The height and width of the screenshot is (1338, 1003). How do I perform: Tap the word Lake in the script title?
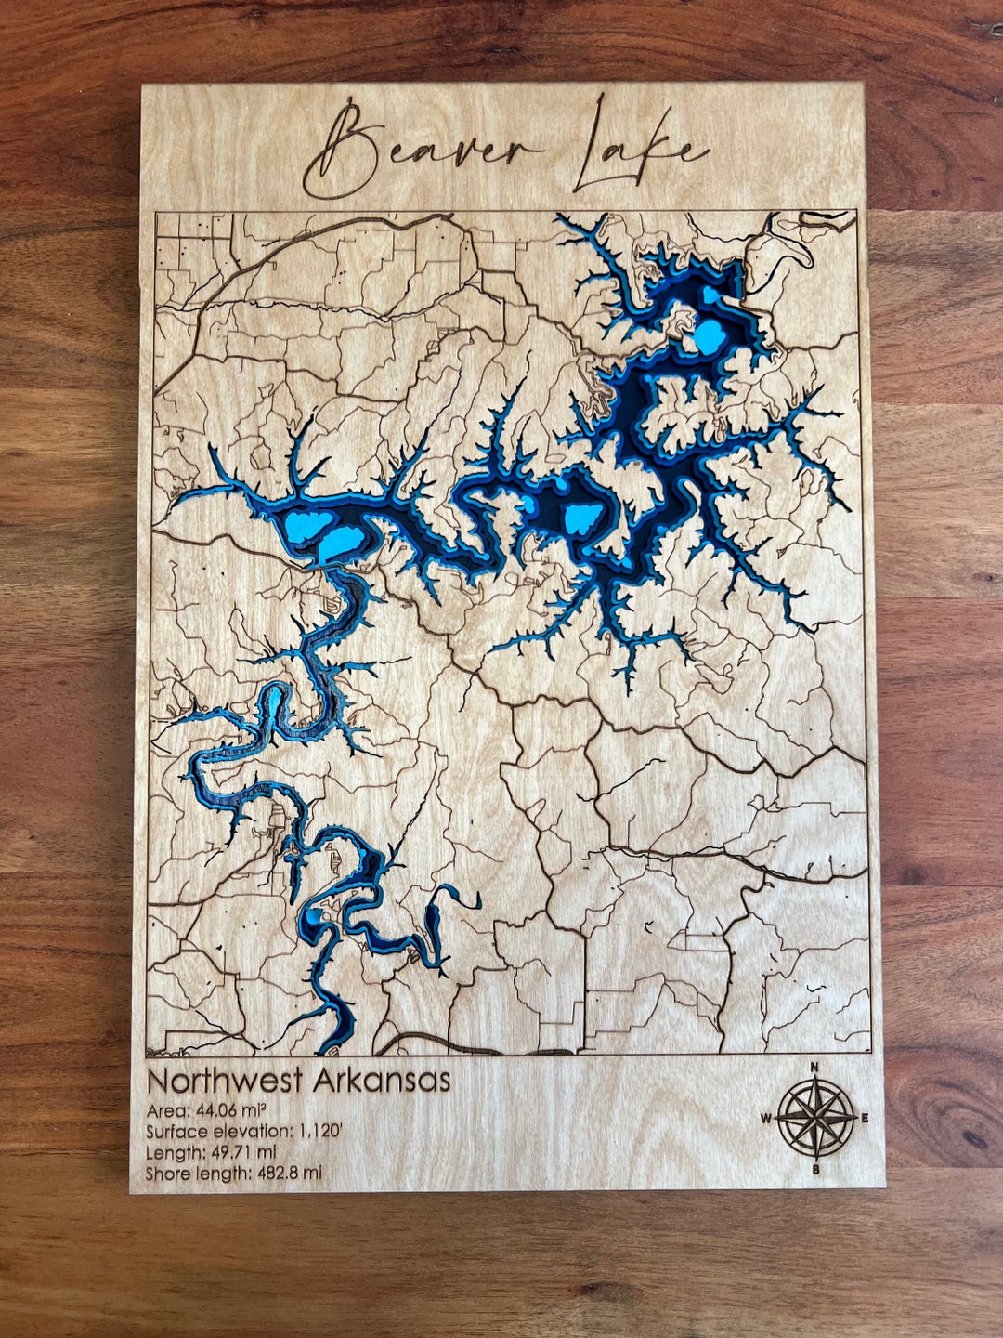[636, 149]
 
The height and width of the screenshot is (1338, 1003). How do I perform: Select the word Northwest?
[225, 1082]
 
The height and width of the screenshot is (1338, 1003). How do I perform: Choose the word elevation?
[249, 1132]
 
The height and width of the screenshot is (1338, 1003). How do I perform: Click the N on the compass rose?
[814, 1067]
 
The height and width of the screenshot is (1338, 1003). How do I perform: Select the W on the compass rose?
[766, 1118]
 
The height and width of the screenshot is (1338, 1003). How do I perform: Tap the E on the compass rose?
[866, 1118]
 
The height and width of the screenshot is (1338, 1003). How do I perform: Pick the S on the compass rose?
[815, 1169]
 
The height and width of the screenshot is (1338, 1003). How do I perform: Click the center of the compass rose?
[815, 1118]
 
